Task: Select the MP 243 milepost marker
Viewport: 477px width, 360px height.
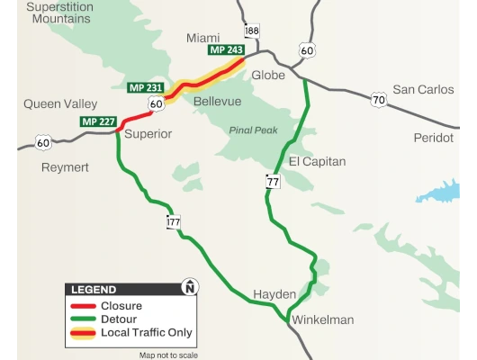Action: pyautogui.click(x=226, y=49)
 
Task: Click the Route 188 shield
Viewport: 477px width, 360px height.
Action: pyautogui.click(x=251, y=31)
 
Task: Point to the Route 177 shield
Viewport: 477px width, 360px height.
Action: pyautogui.click(x=173, y=221)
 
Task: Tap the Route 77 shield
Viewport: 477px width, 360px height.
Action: pyautogui.click(x=273, y=181)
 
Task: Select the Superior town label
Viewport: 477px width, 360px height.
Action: pyautogui.click(x=147, y=134)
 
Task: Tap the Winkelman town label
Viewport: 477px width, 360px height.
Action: pyautogui.click(x=319, y=319)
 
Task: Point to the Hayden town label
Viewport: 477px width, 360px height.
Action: pyautogui.click(x=274, y=294)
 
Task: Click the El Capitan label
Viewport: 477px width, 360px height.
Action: pyautogui.click(x=317, y=161)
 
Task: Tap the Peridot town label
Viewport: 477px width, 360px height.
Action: pyautogui.click(x=434, y=138)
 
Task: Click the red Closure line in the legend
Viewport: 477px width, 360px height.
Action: pyautogui.click(x=83, y=304)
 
